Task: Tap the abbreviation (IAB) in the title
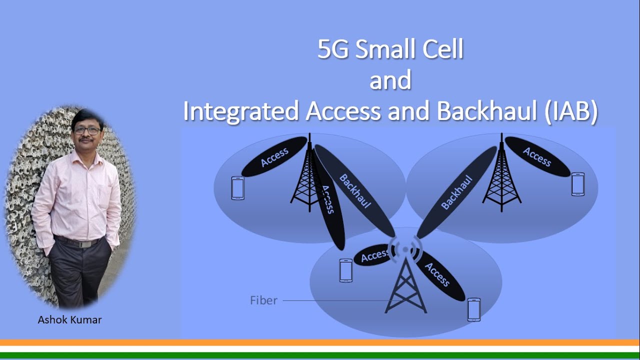(x=568, y=111)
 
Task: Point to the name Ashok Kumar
(x=69, y=320)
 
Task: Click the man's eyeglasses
(x=87, y=130)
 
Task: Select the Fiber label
(x=263, y=300)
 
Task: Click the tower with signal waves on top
(x=405, y=280)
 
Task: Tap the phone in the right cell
(x=578, y=184)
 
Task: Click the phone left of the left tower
(x=237, y=188)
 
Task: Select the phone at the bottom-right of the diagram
(x=473, y=309)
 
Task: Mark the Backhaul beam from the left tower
(x=355, y=191)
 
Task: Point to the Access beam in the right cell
(x=537, y=156)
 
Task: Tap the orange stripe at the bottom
(x=320, y=343)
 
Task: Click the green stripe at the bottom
(x=320, y=355)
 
